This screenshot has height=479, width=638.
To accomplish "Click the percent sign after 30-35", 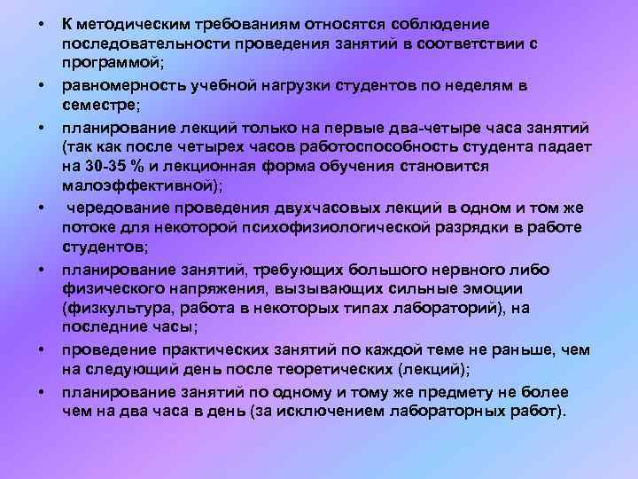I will (139, 168).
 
